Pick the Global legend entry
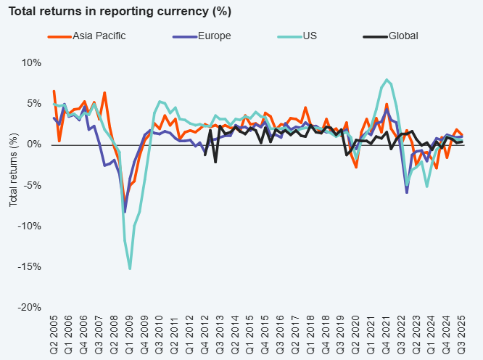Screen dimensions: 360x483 [403, 36]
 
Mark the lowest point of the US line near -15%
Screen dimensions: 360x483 [130, 269]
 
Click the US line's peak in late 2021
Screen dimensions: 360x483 [387, 80]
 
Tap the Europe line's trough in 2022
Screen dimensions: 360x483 [407, 192]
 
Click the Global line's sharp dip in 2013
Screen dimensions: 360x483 [215, 162]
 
